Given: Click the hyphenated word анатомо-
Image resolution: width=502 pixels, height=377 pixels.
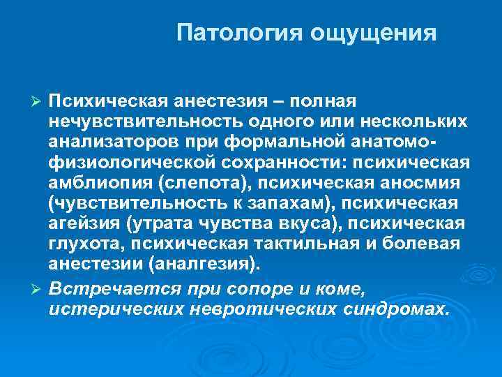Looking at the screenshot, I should [x=390, y=142].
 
